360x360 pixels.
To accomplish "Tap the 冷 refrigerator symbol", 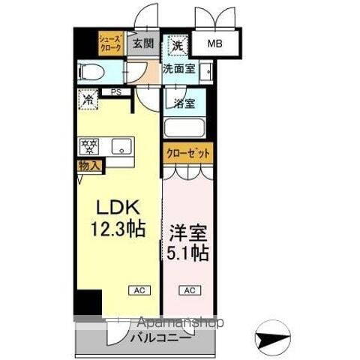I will coord(88,98).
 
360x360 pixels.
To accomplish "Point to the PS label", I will coord(115,92).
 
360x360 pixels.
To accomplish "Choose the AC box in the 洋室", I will coord(189,289).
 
